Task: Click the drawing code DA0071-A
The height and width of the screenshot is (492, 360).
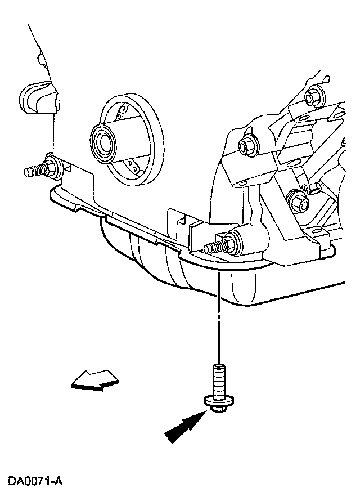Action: click(34, 481)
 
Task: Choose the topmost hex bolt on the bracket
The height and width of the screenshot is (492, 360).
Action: click(313, 99)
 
